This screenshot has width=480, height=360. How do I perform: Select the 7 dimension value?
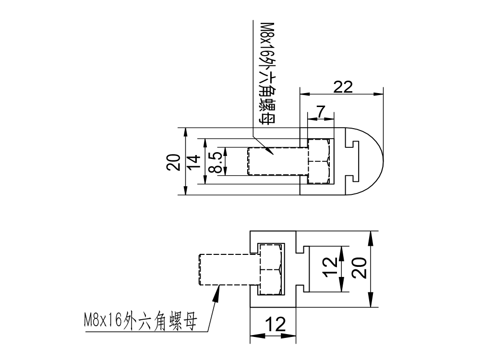tap(322, 111)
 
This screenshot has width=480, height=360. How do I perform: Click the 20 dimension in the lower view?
tap(360, 268)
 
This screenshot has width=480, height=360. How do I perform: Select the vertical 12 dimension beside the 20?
tap(330, 268)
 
